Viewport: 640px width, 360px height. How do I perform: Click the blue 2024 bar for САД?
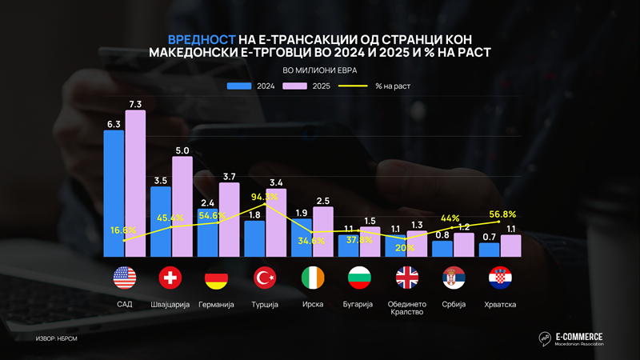114,192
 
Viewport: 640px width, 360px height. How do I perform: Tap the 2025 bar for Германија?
230,219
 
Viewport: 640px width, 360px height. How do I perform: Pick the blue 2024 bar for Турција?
254,238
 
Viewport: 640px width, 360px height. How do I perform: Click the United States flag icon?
125,278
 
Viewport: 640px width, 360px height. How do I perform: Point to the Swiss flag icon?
171,278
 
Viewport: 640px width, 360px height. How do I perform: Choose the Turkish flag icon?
265,278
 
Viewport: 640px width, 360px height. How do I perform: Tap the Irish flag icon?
313,278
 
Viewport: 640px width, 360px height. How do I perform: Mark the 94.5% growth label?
265,196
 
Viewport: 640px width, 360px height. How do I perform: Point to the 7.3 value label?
135,104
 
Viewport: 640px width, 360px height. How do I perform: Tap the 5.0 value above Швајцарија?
182,150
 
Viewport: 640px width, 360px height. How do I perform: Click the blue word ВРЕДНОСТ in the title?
202,39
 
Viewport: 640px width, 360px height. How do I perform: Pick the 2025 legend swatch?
296,85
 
